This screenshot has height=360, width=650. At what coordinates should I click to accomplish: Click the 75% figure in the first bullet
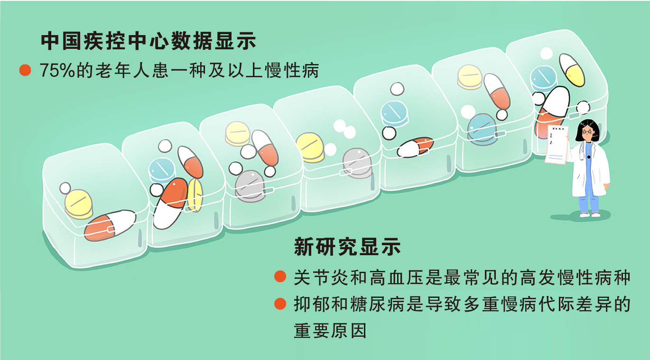pyautogui.click(x=57, y=71)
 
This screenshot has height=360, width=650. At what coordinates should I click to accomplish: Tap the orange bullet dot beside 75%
pyautogui.click(x=25, y=71)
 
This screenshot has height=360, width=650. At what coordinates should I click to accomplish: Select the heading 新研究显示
pyautogui.click(x=347, y=247)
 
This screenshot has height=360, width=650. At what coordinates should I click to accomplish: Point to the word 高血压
pyautogui.click(x=396, y=277)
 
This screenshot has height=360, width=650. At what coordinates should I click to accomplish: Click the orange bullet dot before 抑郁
pyautogui.click(x=280, y=304)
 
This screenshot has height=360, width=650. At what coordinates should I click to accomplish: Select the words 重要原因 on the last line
pyautogui.click(x=330, y=331)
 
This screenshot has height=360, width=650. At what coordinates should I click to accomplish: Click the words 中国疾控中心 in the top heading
pyautogui.click(x=105, y=41)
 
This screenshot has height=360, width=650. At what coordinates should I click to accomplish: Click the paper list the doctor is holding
pyautogui.click(x=557, y=145)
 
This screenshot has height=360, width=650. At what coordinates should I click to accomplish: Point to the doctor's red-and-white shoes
pyautogui.click(x=590, y=214)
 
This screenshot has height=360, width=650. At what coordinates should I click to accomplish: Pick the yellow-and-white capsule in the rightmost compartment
pyautogui.click(x=572, y=70)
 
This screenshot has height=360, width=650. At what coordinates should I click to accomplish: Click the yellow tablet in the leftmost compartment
pyautogui.click(x=79, y=204)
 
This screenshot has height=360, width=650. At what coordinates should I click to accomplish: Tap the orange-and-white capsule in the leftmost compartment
pyautogui.click(x=110, y=225)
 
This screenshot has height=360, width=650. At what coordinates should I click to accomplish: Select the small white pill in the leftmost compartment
pyautogui.click(x=65, y=188)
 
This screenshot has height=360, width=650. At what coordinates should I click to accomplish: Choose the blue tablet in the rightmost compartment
pyautogui.click(x=543, y=78)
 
